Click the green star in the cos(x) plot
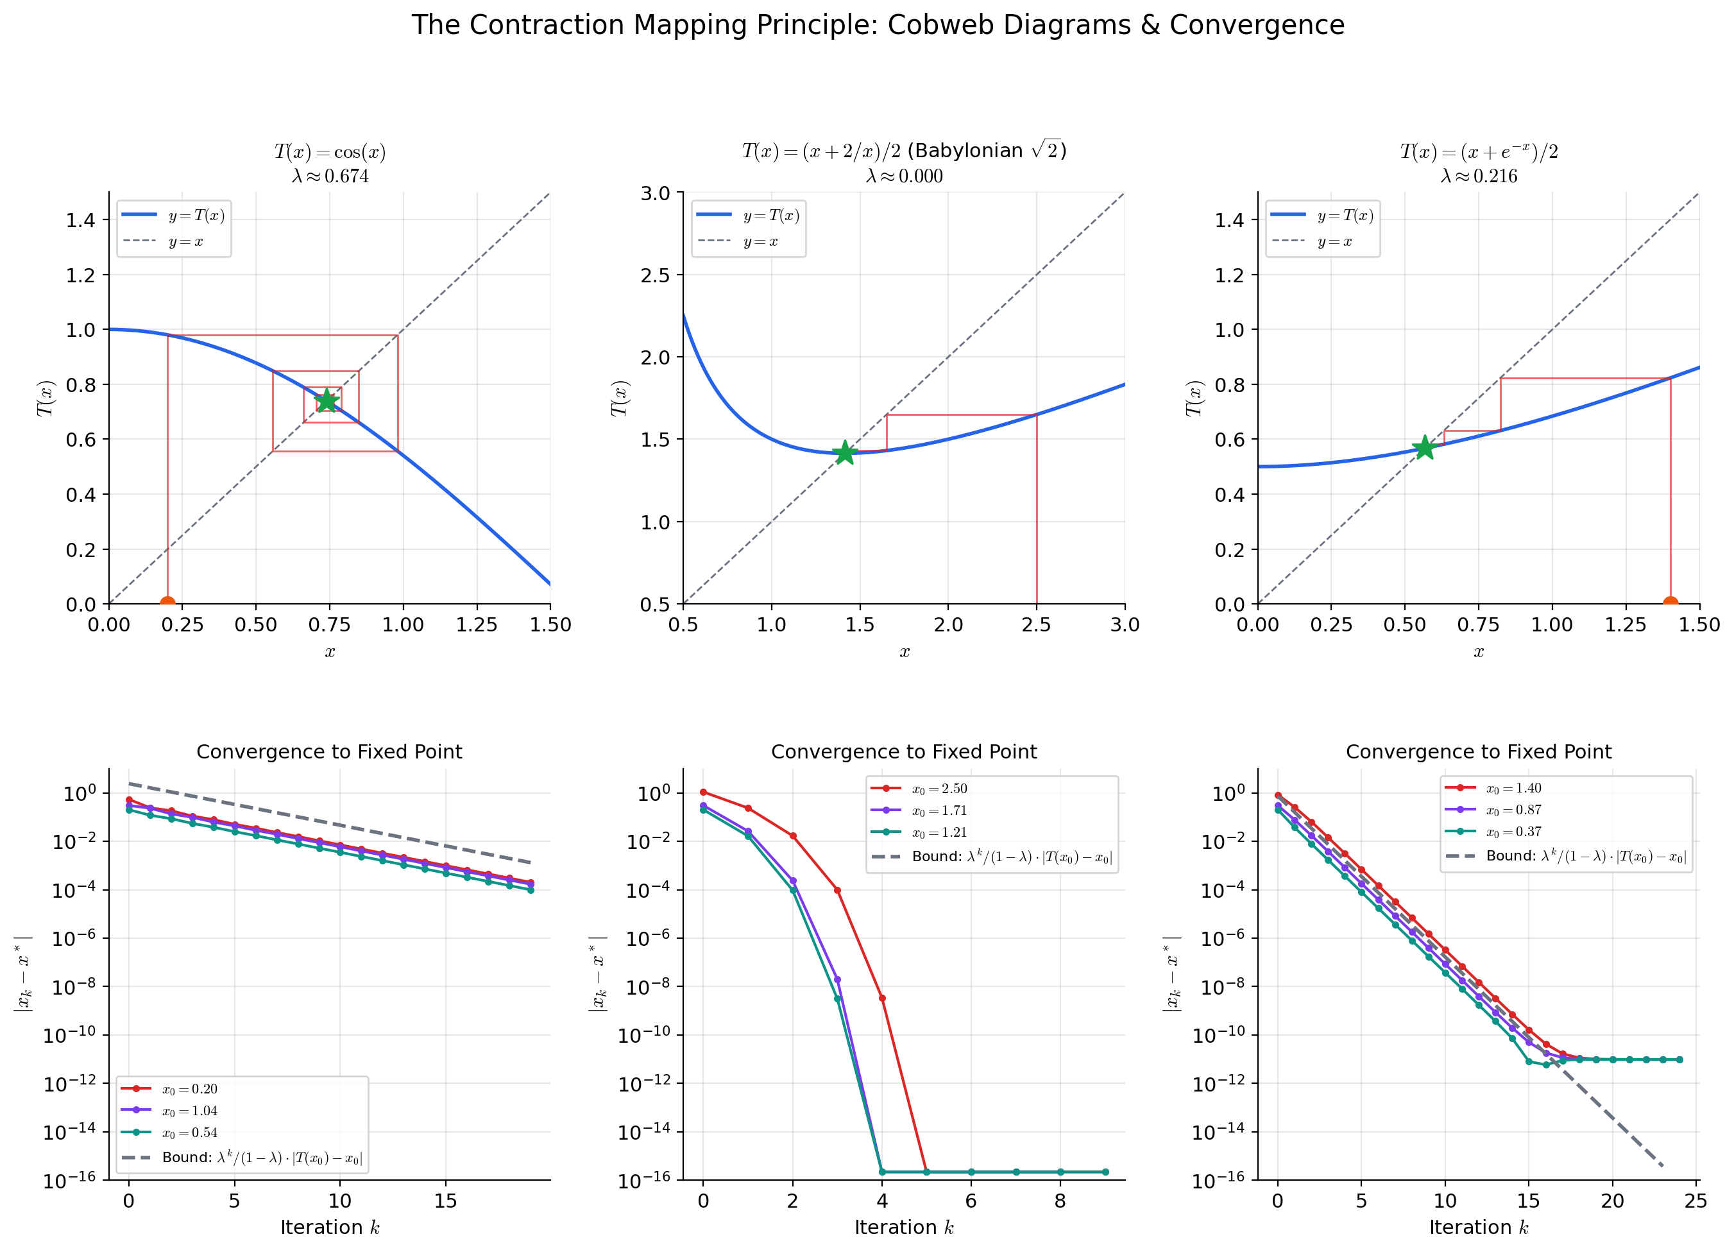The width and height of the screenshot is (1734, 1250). tap(327, 400)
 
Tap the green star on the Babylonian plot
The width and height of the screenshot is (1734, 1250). tap(844, 452)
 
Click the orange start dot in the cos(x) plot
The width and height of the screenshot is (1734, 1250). tap(167, 604)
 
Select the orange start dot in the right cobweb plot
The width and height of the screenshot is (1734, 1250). tap(1670, 604)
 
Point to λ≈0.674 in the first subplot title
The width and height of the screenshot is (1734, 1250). tap(330, 176)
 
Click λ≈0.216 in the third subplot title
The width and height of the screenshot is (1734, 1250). tap(1479, 176)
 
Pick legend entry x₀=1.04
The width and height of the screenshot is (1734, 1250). tap(189, 1111)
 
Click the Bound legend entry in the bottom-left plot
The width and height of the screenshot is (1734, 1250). tap(262, 1158)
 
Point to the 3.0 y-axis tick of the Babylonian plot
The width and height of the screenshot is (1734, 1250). tap(655, 193)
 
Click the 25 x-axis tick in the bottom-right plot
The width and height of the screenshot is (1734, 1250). tap(1695, 1201)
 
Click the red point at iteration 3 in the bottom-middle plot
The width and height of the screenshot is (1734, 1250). tap(837, 891)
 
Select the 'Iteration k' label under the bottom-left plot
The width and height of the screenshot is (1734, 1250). tap(330, 1228)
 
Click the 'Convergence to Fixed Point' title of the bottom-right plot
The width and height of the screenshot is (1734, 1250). tap(1478, 752)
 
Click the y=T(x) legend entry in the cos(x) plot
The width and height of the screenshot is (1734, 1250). tap(196, 216)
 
